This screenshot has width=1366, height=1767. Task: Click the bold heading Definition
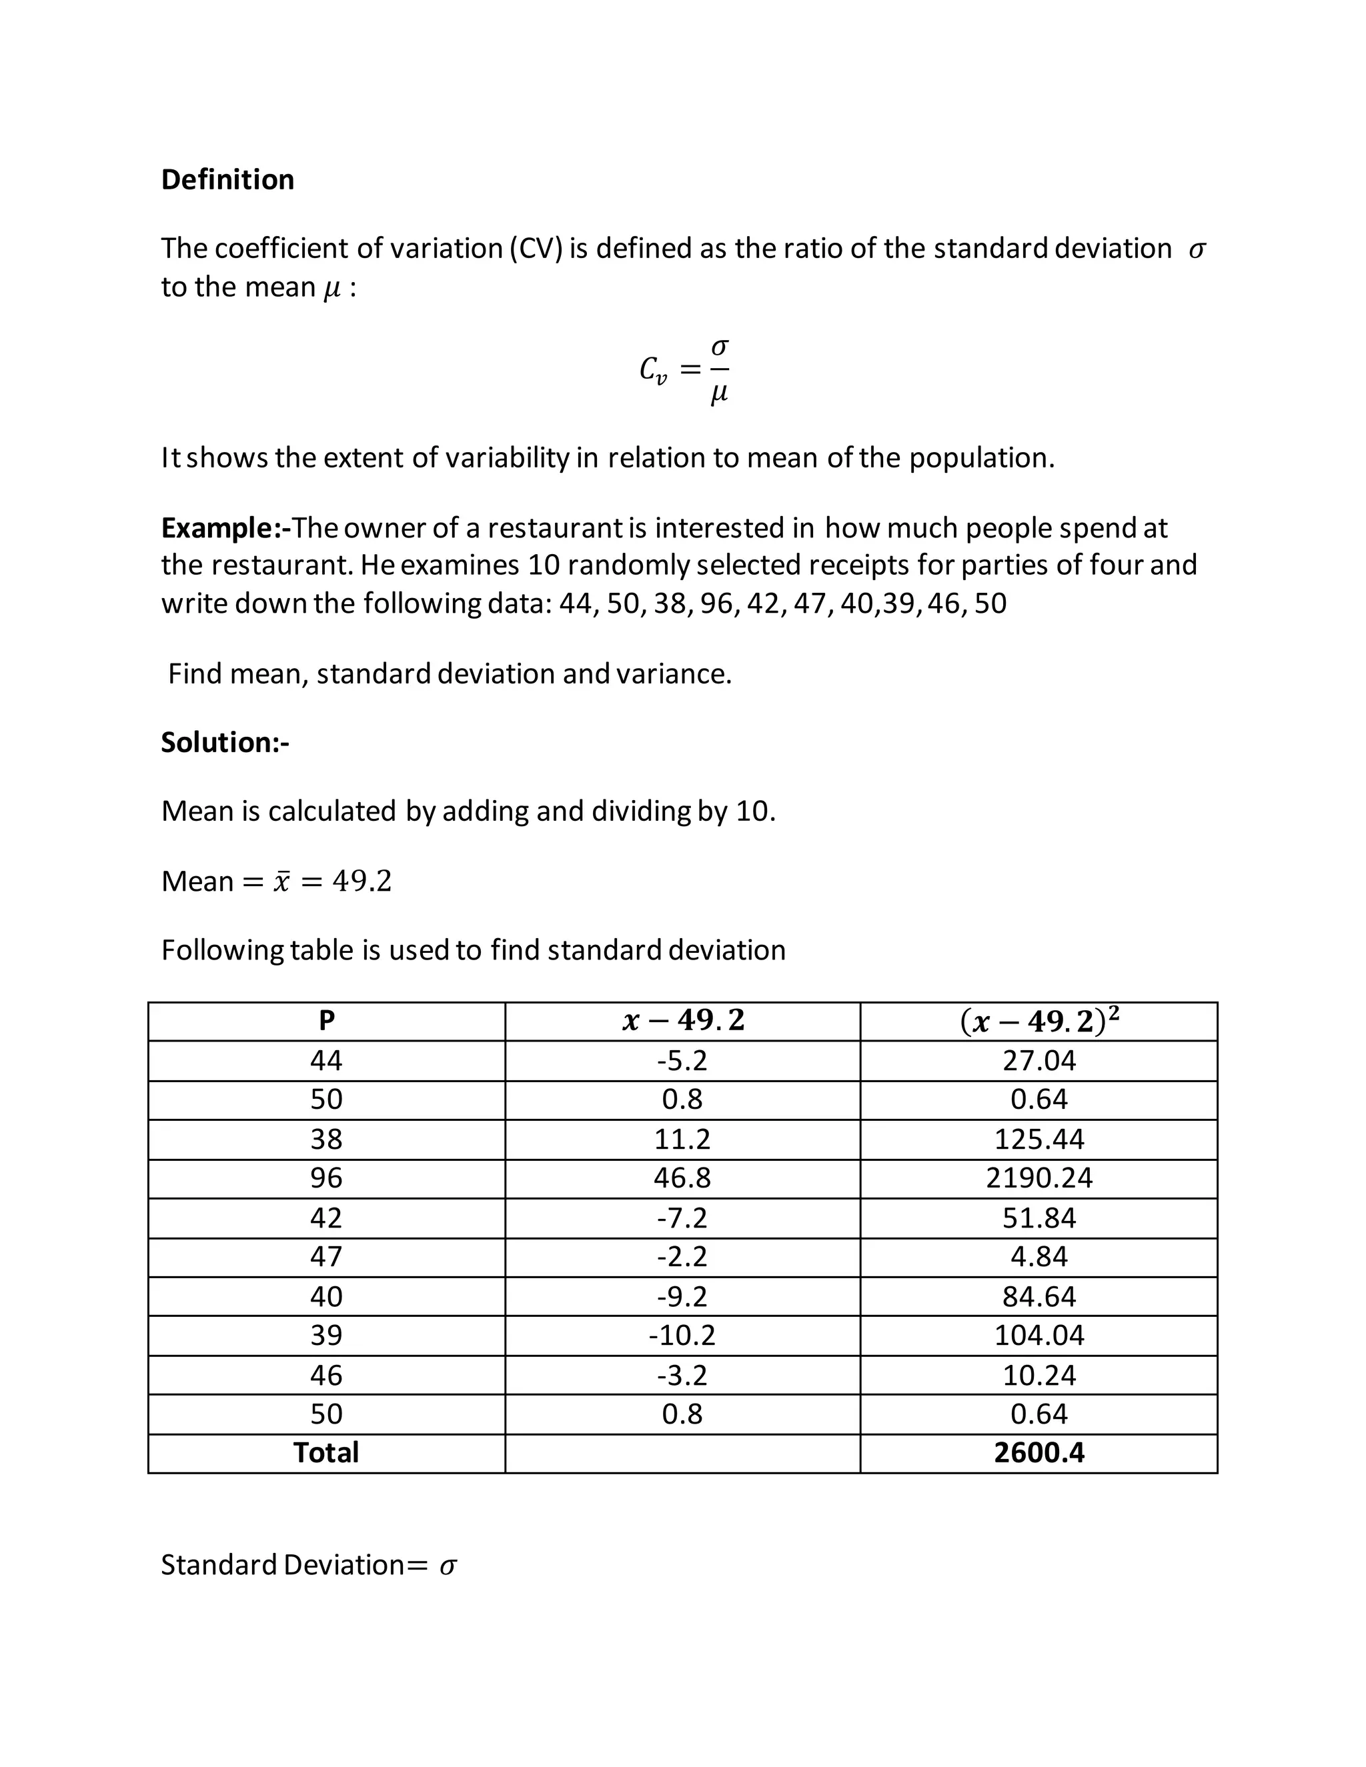coord(227,179)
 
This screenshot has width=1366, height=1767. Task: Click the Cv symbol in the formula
coord(653,371)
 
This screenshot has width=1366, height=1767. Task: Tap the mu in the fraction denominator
coord(718,394)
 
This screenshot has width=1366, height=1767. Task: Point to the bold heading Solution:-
coord(225,743)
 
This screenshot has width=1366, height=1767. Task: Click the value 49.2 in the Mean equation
coord(362,881)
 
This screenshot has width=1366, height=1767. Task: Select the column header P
coord(326,1021)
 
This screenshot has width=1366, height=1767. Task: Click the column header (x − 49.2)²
coord(1039,1021)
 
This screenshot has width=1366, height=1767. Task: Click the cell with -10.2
coord(682,1335)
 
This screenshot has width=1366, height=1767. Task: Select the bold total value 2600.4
coord(1039,1453)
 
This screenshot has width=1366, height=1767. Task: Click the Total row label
coord(326,1453)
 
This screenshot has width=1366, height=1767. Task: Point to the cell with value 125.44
coord(1039,1139)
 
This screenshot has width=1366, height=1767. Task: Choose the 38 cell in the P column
coord(326,1139)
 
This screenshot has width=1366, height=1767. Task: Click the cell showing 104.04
coord(1039,1335)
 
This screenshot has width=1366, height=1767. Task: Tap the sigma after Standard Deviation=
coord(448,1566)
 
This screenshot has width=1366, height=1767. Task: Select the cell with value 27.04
coord(1039,1061)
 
